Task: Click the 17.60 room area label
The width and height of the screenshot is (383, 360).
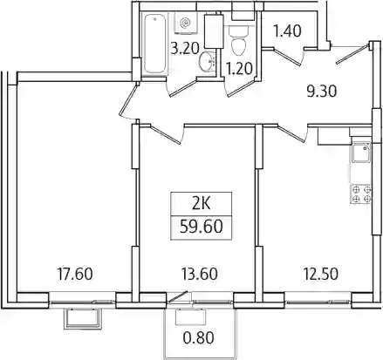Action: click(75, 274)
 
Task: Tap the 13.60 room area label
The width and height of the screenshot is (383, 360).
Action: click(199, 274)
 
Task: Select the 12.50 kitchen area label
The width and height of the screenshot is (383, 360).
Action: click(320, 274)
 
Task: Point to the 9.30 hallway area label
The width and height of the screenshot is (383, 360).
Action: click(322, 92)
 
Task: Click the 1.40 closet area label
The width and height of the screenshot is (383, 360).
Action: click(288, 31)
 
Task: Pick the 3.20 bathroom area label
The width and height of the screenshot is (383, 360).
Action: click(185, 49)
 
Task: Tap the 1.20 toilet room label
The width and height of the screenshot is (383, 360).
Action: click(239, 70)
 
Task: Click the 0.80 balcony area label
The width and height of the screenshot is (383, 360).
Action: click(199, 337)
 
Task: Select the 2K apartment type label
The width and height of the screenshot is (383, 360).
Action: click(202, 204)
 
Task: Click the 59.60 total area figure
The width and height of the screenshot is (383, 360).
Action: click(202, 227)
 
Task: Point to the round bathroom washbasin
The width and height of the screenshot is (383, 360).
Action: click(207, 61)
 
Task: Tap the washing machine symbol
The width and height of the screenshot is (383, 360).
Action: click(186, 21)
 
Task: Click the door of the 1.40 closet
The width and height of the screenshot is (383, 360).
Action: click(286, 56)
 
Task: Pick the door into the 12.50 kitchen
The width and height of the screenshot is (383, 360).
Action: click(292, 133)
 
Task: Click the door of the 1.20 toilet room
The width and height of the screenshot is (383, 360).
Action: click(241, 86)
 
